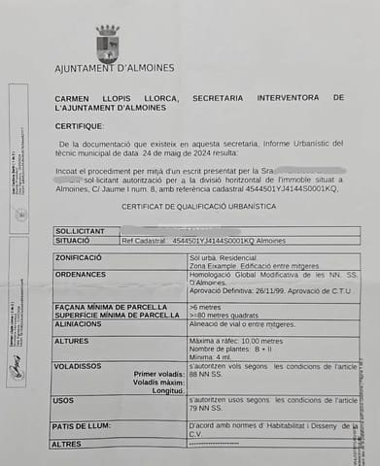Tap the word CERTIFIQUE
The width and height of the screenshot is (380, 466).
pyautogui.click(x=79, y=126)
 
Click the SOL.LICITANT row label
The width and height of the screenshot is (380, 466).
pyautogui.click(x=79, y=230)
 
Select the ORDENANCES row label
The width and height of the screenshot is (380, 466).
pyautogui.click(x=81, y=275)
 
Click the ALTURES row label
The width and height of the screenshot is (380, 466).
pyautogui.click(x=71, y=341)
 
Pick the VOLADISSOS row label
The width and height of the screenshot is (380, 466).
pyautogui.click(x=80, y=367)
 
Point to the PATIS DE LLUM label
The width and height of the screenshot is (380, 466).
pyautogui.click(x=85, y=425)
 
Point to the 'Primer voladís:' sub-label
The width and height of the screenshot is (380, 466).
pyautogui.click(x=157, y=374)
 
